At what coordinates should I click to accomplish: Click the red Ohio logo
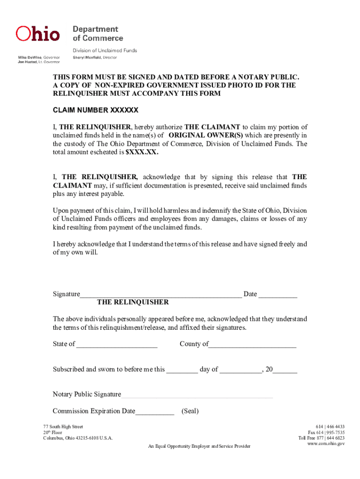(x=38, y=34)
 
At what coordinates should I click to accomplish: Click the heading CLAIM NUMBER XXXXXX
(x=95, y=111)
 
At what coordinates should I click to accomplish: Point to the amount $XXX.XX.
(x=142, y=152)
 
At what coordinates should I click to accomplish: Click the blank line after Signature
(x=161, y=295)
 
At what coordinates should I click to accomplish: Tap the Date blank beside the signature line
(x=278, y=295)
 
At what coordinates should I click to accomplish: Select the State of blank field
(x=117, y=345)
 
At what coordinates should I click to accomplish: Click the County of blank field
(x=252, y=345)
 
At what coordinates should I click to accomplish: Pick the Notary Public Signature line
(x=197, y=395)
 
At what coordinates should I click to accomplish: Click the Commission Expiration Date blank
(x=155, y=412)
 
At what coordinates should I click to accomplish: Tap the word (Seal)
(x=190, y=411)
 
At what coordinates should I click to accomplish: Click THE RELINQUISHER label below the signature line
(x=133, y=302)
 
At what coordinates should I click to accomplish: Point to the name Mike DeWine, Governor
(x=39, y=58)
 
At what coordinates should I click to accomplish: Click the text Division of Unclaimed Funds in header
(x=104, y=51)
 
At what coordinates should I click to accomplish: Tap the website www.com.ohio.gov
(x=326, y=444)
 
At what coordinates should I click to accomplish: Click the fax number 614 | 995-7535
(x=326, y=432)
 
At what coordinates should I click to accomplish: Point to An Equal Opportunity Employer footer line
(x=199, y=446)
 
